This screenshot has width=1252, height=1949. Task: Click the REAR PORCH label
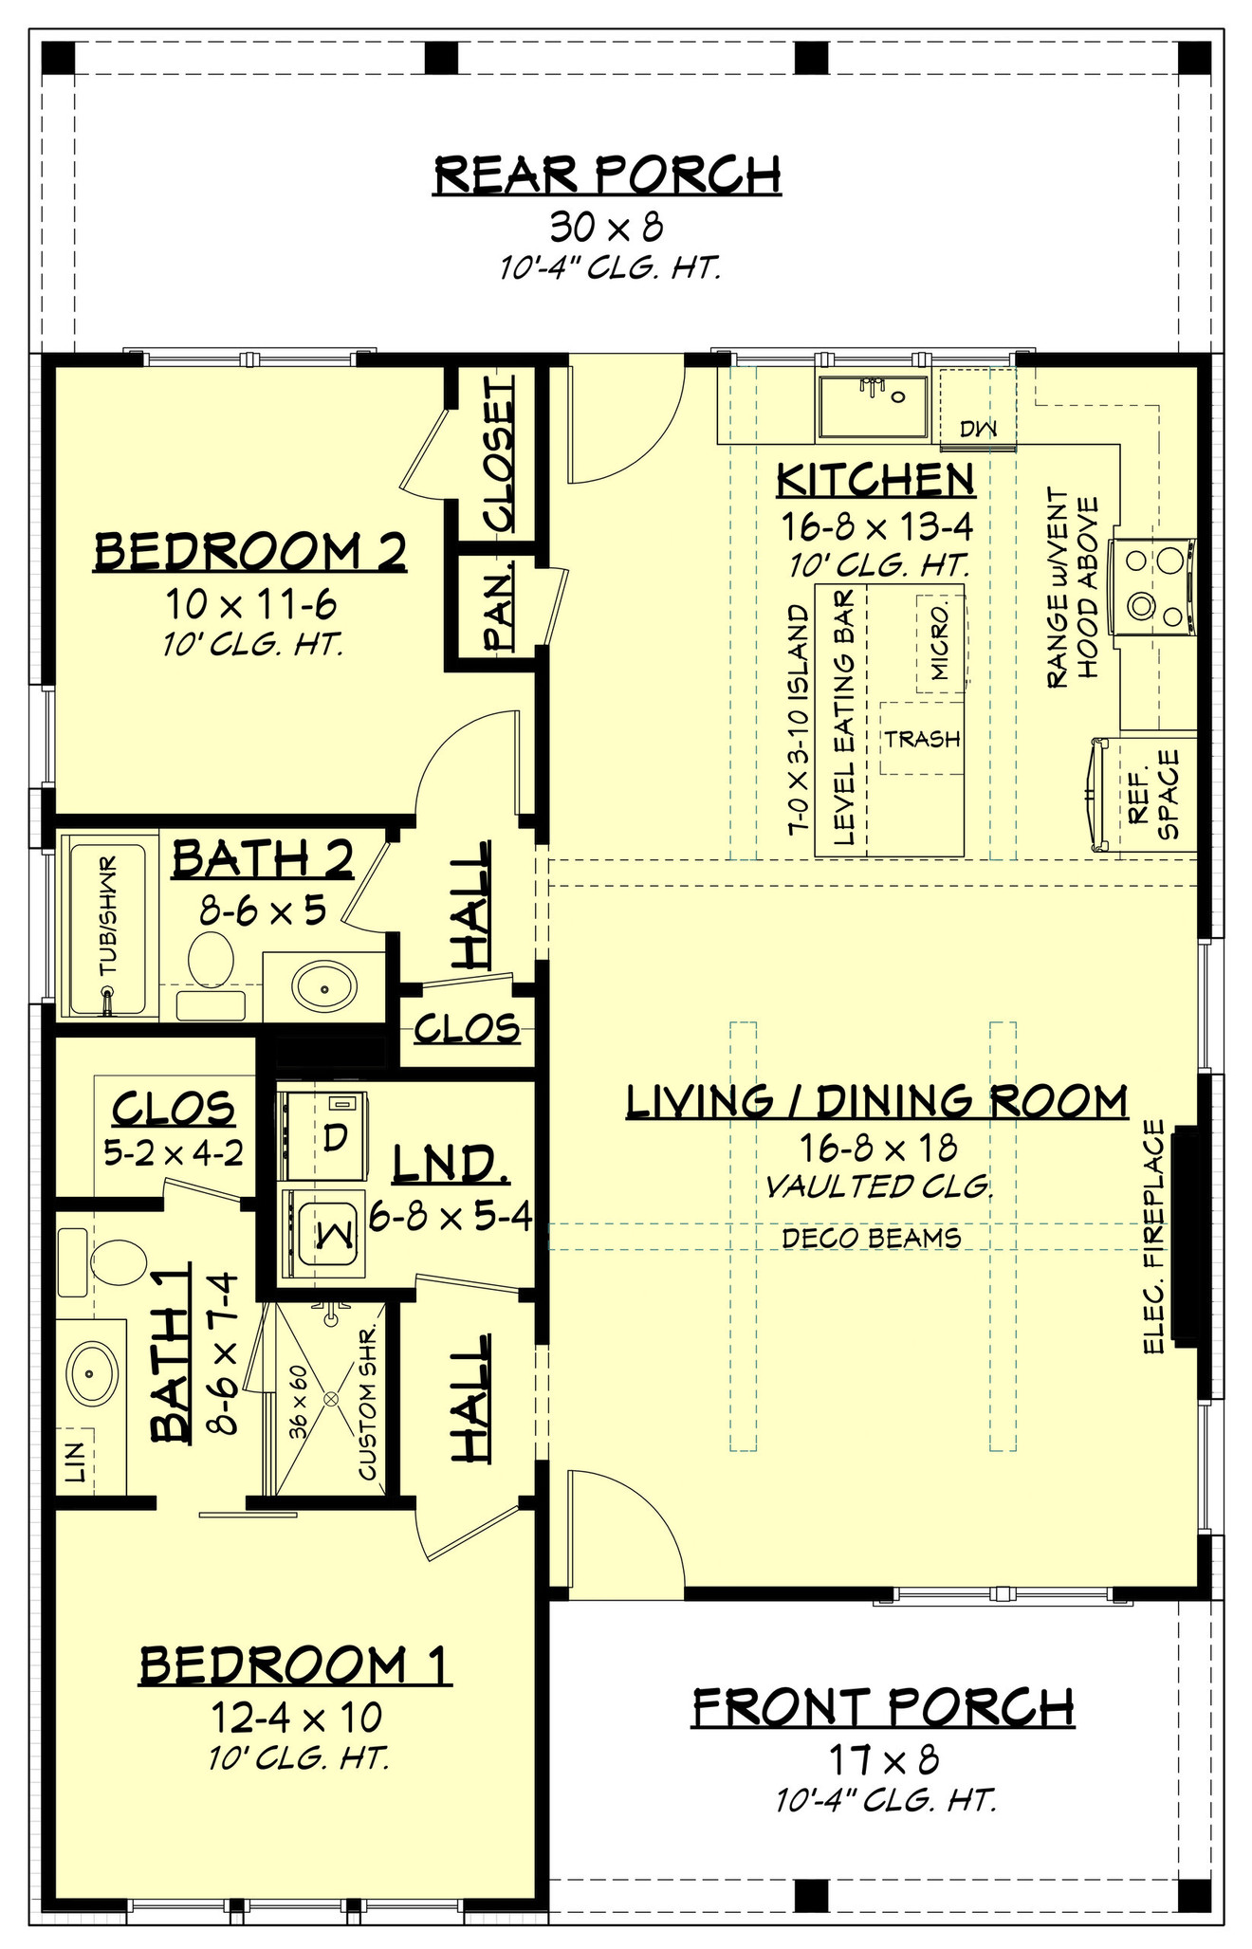click(607, 174)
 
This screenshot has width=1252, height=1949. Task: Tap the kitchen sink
click(873, 407)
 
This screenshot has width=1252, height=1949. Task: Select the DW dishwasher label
click(978, 430)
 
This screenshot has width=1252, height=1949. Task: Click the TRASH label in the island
click(922, 739)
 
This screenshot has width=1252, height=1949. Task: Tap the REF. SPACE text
click(1153, 795)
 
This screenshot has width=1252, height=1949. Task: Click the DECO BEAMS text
click(871, 1237)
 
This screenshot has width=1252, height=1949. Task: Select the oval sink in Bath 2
click(324, 987)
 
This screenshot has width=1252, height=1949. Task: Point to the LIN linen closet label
click(76, 1462)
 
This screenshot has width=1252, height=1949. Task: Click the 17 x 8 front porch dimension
click(884, 1760)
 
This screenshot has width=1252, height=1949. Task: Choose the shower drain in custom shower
click(332, 1399)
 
